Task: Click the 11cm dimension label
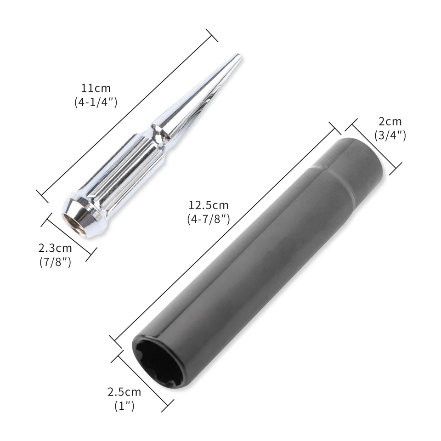coord(96,88)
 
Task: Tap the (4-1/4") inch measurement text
coord(96,102)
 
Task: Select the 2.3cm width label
coord(55,249)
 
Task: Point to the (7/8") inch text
coord(55,263)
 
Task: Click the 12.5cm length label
coord(208,205)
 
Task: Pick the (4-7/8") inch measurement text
coord(208,219)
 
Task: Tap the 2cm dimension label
coord(390,122)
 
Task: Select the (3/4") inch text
coord(390,136)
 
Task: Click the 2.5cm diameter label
coord(124,392)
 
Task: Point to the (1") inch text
coord(124,406)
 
